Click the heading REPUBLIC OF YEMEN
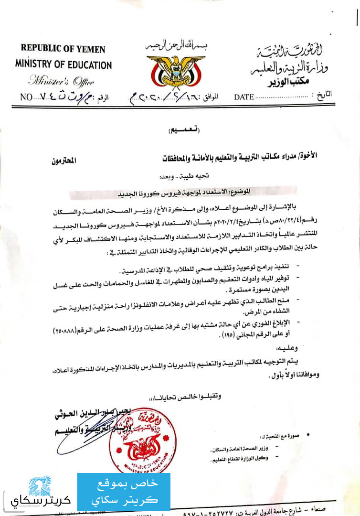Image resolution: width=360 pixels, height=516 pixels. pos(63,49)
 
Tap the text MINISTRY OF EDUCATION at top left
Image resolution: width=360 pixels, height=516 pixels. pos(63,64)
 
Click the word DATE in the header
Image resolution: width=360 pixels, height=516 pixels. pos(244,97)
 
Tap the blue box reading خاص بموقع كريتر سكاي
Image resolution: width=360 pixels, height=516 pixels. pos(124,492)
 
